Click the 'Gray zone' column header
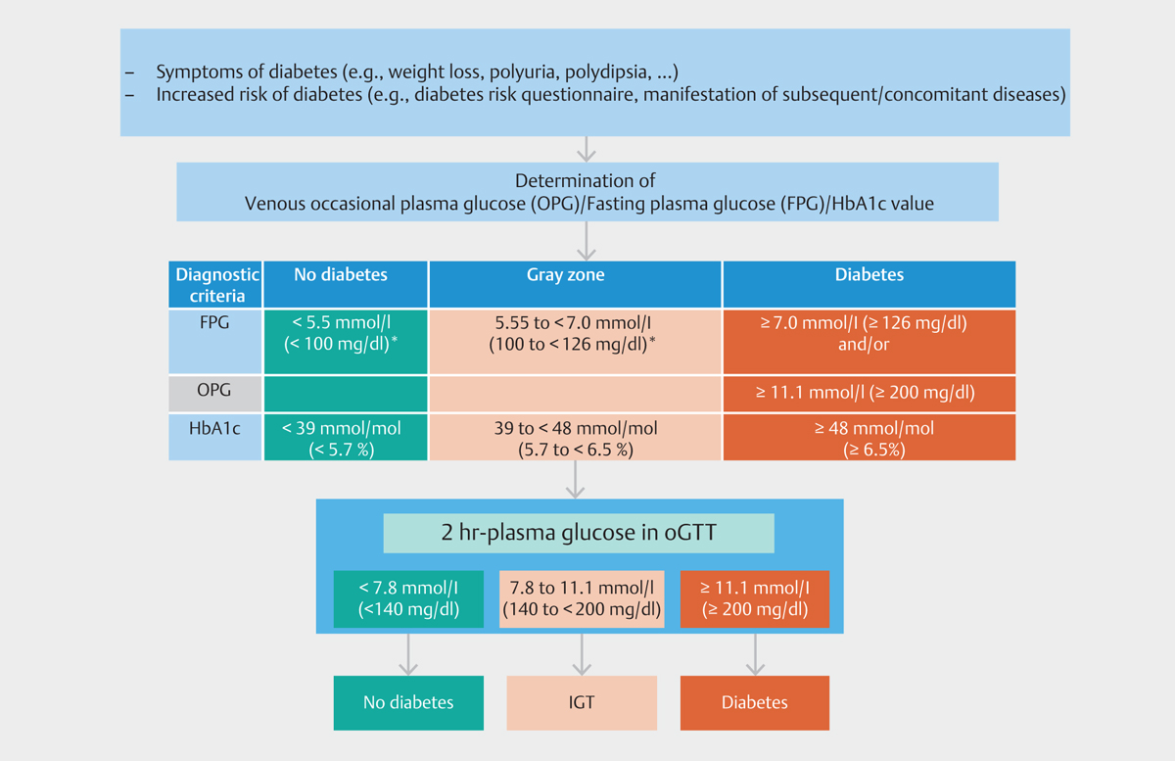click(x=575, y=284)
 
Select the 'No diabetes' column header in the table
click(x=345, y=284)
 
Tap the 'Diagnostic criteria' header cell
click(x=215, y=284)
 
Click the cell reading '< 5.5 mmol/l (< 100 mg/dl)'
click(x=345, y=342)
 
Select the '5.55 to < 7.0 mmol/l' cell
click(x=575, y=342)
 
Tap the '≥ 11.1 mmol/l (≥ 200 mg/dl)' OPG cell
click(x=869, y=394)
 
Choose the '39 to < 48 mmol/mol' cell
click(x=575, y=437)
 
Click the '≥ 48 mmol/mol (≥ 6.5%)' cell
click(x=869, y=437)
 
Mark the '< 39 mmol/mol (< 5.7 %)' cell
click(x=345, y=437)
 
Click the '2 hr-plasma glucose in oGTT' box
click(x=579, y=533)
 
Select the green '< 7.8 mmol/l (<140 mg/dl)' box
click(x=408, y=598)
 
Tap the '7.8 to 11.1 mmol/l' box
click(x=582, y=598)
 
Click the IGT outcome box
click(x=582, y=703)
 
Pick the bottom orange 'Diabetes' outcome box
click(x=755, y=703)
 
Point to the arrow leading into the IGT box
click(x=582, y=654)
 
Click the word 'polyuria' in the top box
click(x=522, y=71)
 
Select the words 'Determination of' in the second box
click(x=585, y=180)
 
